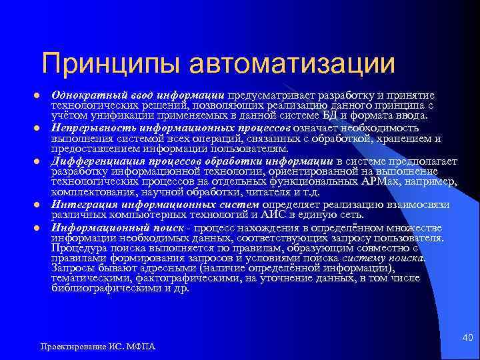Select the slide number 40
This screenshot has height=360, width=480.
point(467,340)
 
